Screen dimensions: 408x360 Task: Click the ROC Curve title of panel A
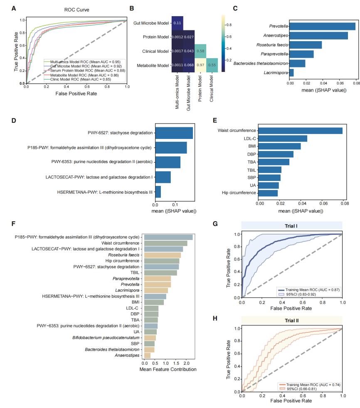click(76, 9)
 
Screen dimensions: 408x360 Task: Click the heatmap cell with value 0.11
click(178, 22)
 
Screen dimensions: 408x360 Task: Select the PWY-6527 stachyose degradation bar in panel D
click(174, 133)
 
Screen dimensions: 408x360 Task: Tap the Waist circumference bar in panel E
click(301, 131)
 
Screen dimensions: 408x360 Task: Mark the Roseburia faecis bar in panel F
click(163, 255)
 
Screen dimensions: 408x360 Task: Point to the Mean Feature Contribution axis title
click(168, 369)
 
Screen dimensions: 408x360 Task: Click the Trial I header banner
click(292, 226)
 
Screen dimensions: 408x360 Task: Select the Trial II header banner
click(292, 321)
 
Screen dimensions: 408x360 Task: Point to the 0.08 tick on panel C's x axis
click(356, 84)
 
